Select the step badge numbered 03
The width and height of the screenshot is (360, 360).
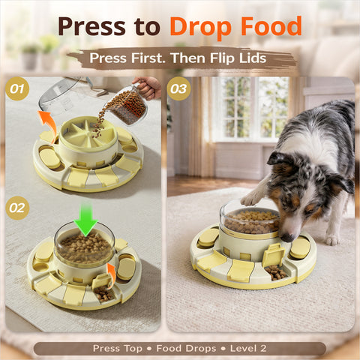tap(178, 89)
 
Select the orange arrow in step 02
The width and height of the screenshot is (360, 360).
tap(111, 269)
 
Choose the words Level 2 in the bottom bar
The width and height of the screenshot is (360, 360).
tap(248, 349)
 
